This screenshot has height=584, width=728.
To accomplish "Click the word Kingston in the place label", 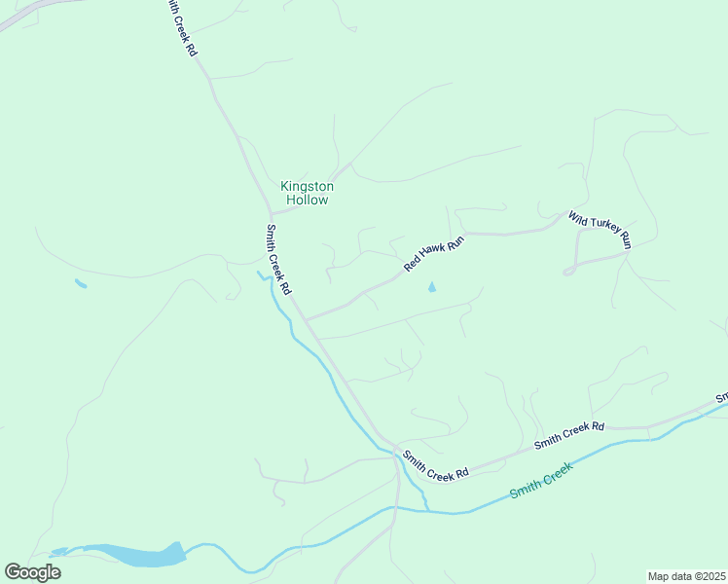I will point(307,186).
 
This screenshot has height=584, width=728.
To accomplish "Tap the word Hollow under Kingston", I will point(307,200).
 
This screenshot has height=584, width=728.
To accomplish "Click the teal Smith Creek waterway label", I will point(542,478).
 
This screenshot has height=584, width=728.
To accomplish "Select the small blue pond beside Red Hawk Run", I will point(431,287).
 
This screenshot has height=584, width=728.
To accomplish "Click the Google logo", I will point(32,572).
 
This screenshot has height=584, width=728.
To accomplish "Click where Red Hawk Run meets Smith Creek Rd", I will point(307,318).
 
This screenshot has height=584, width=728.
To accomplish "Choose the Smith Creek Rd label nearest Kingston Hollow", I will point(278,260).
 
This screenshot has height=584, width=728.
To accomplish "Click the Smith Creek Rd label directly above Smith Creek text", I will point(569,436).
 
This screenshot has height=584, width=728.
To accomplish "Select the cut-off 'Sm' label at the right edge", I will point(721,398).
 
